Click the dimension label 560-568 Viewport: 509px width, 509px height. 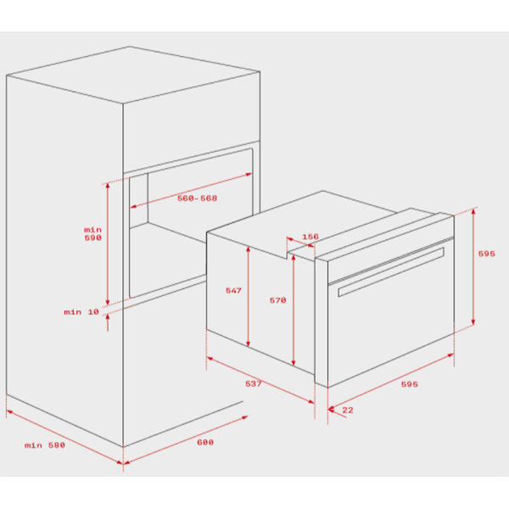(x=197, y=198)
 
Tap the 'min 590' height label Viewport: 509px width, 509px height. (x=92, y=234)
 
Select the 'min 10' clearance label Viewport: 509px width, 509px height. (x=81, y=312)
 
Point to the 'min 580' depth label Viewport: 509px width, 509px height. (x=45, y=445)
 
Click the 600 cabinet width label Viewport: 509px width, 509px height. (x=205, y=442)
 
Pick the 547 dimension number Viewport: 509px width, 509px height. (x=234, y=290)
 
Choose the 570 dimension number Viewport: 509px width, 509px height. (x=278, y=300)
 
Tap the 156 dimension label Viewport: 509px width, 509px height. (x=310, y=237)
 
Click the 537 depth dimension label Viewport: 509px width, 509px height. (x=253, y=383)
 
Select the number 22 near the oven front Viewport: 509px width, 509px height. (x=348, y=410)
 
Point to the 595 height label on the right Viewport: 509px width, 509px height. (x=487, y=254)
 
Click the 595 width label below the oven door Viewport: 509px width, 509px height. (x=410, y=384)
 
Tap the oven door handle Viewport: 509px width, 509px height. (x=391, y=272)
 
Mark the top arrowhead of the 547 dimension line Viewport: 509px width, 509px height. (x=249, y=249)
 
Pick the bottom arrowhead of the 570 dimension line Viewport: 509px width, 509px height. (x=294, y=362)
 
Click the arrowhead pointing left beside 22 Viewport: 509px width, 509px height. (x=332, y=410)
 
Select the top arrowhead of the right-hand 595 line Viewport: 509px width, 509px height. (x=473, y=212)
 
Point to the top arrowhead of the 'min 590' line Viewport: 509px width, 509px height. (x=108, y=186)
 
